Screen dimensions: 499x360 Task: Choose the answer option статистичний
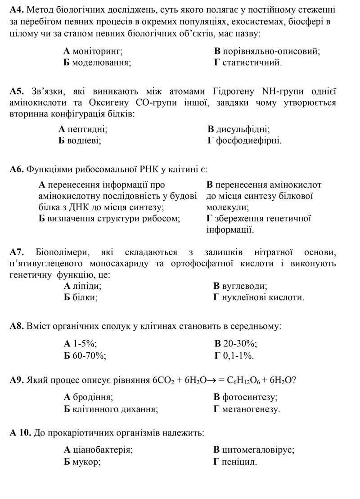pos(252,63)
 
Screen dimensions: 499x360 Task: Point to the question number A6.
pos(17,170)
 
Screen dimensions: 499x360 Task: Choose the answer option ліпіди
pos(87,286)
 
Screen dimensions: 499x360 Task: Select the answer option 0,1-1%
pos(238,356)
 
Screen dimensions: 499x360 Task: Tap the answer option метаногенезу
pos(251,409)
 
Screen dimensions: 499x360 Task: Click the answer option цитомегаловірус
pos(258,450)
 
